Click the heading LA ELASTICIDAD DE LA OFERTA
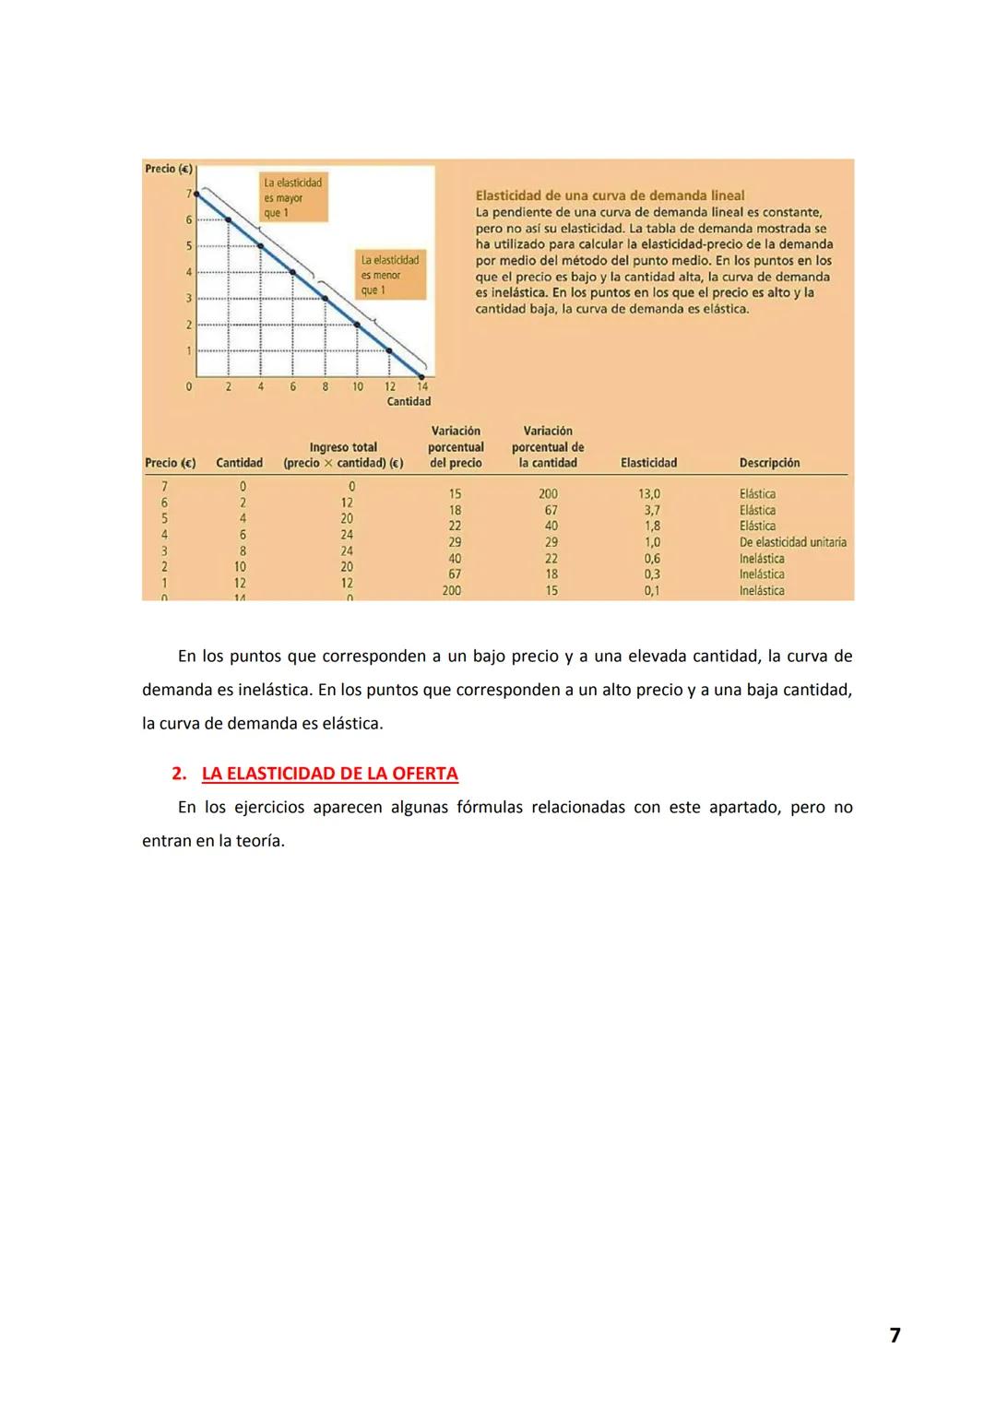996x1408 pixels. (329, 774)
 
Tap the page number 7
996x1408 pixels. (895, 1335)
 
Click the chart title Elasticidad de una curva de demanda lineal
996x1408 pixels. (610, 195)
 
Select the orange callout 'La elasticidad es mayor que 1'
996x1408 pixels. (293, 197)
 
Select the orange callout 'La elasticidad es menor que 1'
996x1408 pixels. (390, 275)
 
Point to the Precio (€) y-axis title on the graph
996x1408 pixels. (168, 169)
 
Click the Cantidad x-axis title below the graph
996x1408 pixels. (409, 401)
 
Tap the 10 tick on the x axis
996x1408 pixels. (358, 387)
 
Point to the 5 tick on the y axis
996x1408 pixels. (189, 246)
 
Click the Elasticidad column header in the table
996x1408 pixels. (648, 463)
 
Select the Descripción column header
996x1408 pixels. (769, 463)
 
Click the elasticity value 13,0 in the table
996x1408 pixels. (649, 494)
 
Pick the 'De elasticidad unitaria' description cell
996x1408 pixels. (792, 542)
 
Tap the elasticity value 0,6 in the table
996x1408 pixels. (652, 559)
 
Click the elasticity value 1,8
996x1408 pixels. (652, 527)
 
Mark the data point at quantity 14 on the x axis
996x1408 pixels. (422, 376)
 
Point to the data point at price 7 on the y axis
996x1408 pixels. (196, 194)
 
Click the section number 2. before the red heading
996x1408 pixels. (179, 774)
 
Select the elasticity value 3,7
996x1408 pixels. (652, 510)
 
